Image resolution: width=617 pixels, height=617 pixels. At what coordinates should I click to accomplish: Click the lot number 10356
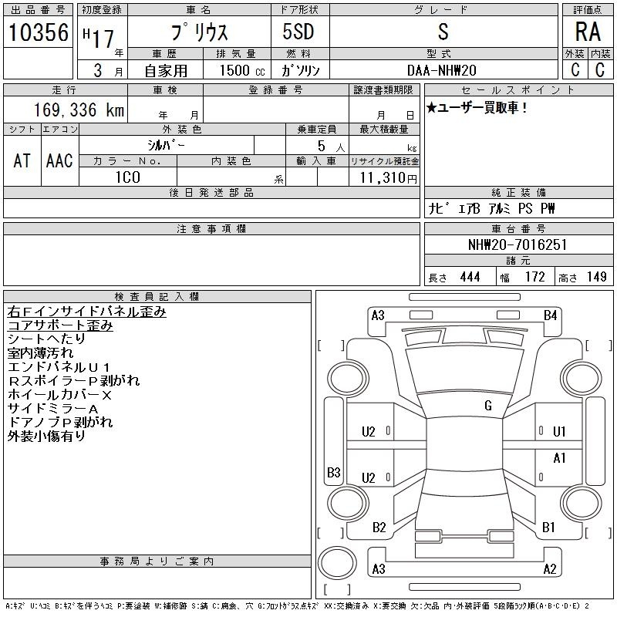click(38, 32)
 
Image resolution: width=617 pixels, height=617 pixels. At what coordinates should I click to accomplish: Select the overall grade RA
click(588, 32)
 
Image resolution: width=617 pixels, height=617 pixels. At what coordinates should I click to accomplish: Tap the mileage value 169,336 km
click(79, 110)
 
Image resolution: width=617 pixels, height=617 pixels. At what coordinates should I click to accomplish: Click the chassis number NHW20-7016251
click(518, 244)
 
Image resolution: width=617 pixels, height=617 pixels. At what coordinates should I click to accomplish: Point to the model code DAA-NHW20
click(441, 70)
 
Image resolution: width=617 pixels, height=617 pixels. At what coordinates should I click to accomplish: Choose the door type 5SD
click(298, 32)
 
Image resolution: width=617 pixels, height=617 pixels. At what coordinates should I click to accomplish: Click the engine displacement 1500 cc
click(241, 70)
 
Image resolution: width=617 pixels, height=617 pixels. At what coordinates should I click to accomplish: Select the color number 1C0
click(128, 177)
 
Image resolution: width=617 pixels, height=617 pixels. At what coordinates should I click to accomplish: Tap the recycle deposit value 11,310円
click(389, 178)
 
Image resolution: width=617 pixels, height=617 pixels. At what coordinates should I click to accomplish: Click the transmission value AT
click(22, 160)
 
